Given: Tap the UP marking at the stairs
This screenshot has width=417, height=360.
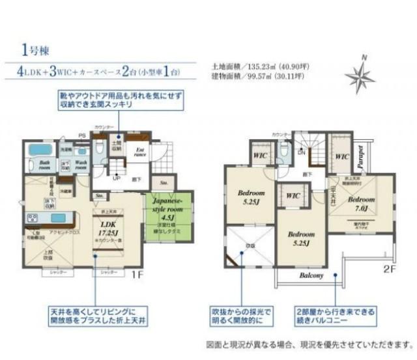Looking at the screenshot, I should [117, 176].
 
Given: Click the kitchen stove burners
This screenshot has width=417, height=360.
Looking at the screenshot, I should [35, 217].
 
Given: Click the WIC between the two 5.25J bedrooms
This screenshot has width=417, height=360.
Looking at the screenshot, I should [293, 195].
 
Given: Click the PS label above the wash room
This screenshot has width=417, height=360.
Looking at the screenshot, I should [83, 135].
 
